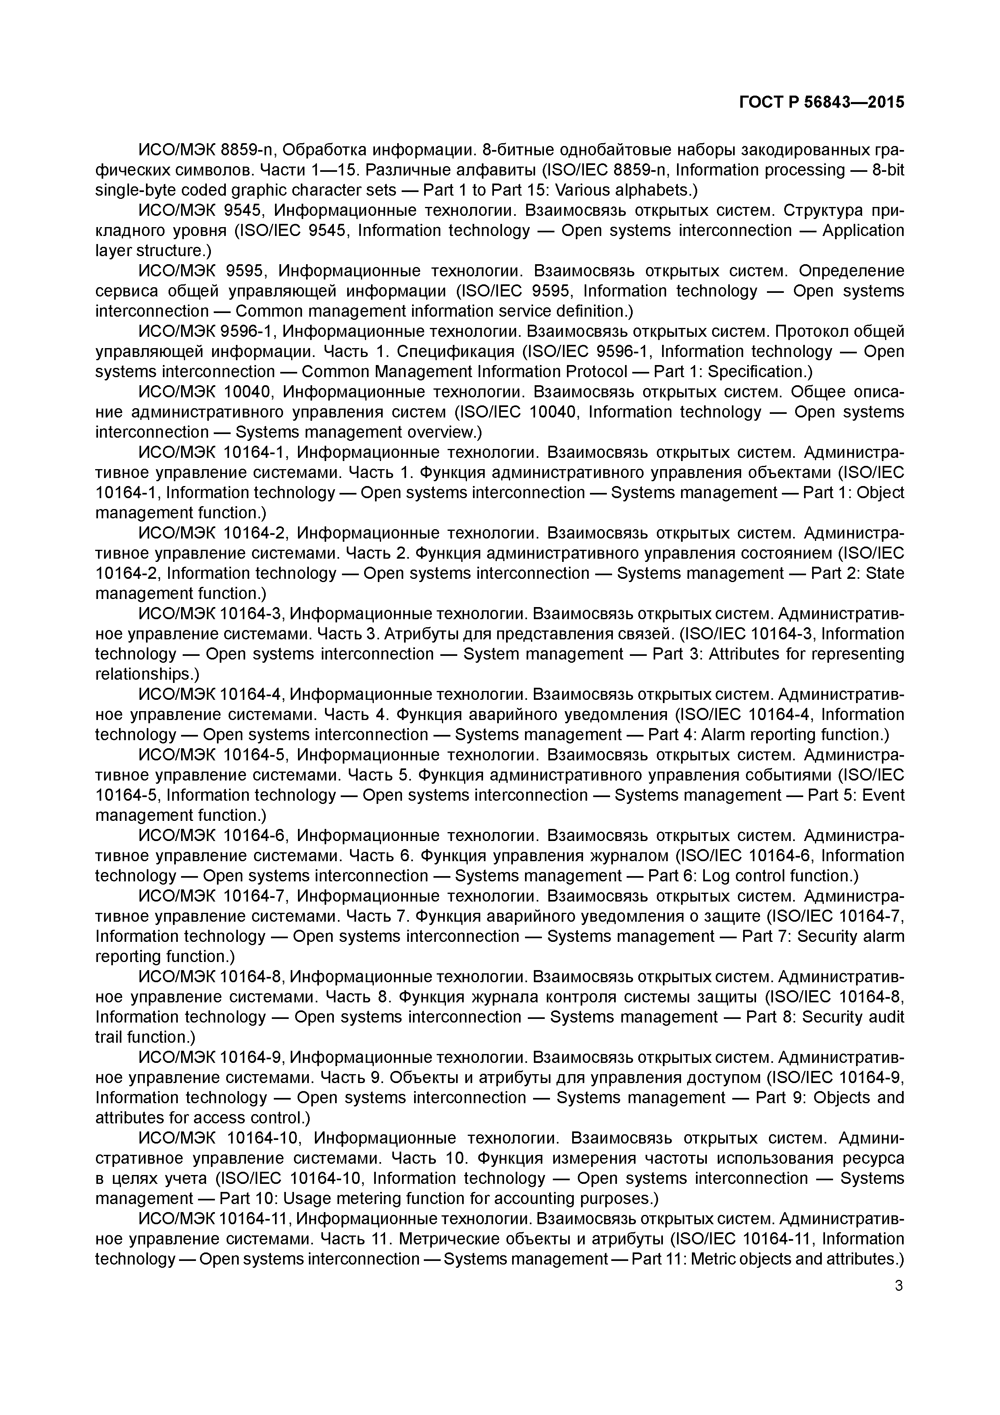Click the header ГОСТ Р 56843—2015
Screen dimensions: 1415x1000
click(821, 102)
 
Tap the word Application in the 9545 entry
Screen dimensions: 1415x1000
click(863, 230)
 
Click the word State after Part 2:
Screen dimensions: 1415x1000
click(885, 573)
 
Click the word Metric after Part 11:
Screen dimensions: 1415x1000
click(712, 1258)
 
